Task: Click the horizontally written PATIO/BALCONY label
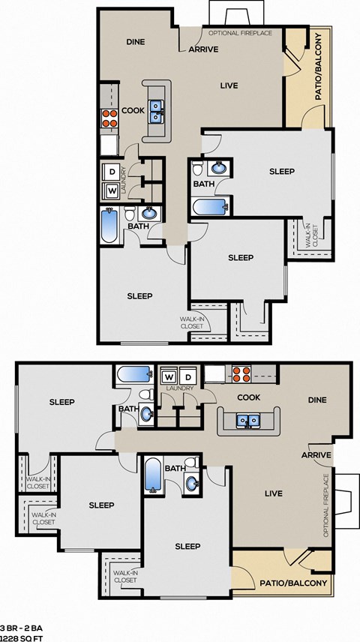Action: pyautogui.click(x=293, y=583)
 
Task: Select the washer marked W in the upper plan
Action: pyautogui.click(x=112, y=190)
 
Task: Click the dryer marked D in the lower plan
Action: pyautogui.click(x=189, y=375)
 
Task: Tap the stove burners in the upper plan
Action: pyautogui.click(x=109, y=118)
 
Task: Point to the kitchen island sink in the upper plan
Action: pyautogui.click(x=157, y=112)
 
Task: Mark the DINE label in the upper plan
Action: pyautogui.click(x=135, y=42)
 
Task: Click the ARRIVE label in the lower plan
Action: pyautogui.click(x=316, y=455)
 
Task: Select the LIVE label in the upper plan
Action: pyautogui.click(x=229, y=85)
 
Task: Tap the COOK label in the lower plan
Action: pyautogui.click(x=248, y=397)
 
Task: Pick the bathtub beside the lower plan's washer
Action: pyautogui.click(x=135, y=373)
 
